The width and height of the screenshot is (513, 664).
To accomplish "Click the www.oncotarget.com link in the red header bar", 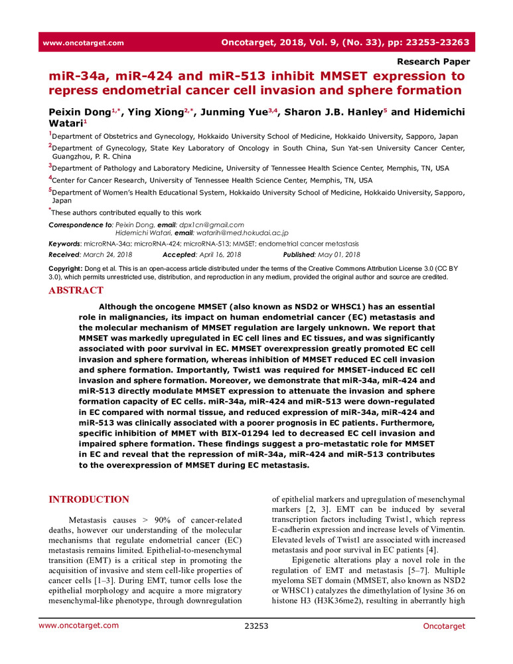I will point(83,43).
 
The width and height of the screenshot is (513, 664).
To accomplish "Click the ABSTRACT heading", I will point(76,290).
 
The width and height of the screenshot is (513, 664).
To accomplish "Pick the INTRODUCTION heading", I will point(90,500).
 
